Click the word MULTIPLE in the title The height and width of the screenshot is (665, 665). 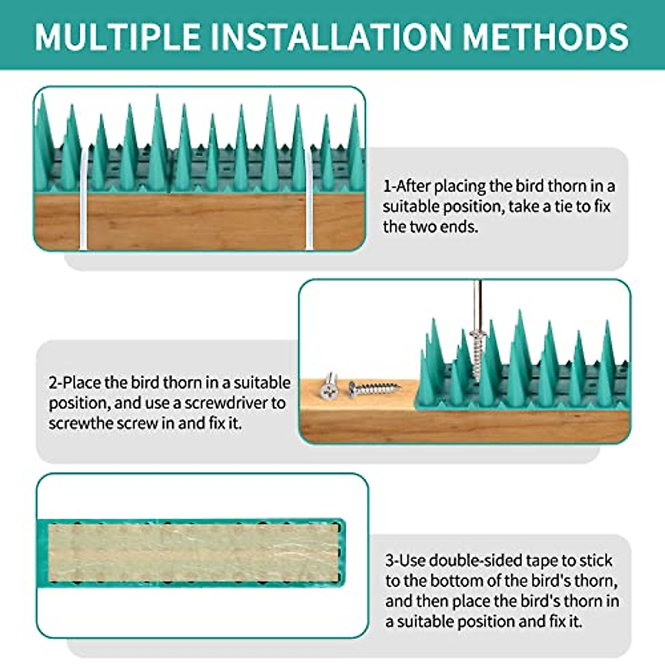pyautogui.click(x=117, y=37)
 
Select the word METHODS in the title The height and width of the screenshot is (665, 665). pyautogui.click(x=545, y=37)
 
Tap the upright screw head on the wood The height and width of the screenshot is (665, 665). pyautogui.click(x=329, y=387)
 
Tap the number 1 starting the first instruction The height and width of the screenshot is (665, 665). pyautogui.click(x=387, y=186)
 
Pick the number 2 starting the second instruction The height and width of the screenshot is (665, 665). pyautogui.click(x=53, y=383)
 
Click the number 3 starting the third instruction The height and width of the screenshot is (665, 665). pyautogui.click(x=390, y=560)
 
